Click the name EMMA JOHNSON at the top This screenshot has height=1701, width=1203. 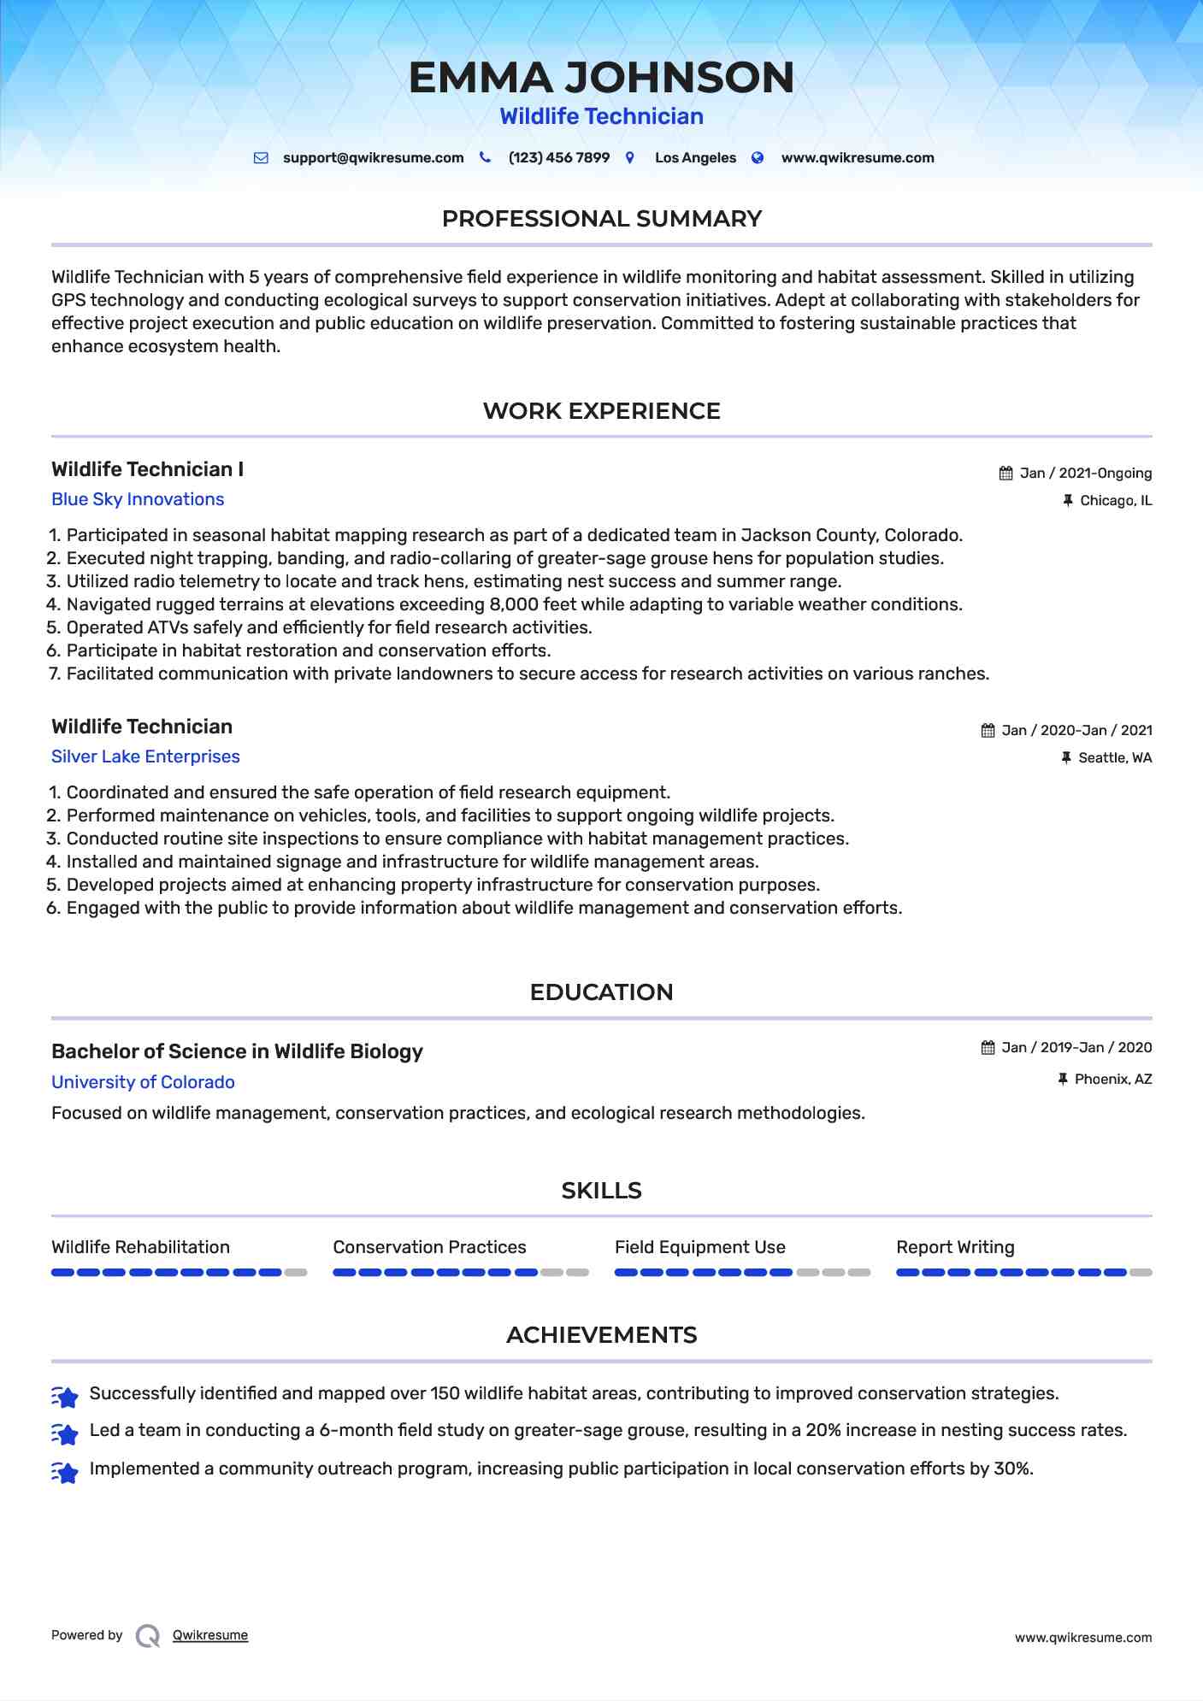[601, 78]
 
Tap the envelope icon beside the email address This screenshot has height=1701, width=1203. [261, 158]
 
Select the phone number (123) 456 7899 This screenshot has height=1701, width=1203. [558, 158]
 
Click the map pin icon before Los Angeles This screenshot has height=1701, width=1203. [630, 158]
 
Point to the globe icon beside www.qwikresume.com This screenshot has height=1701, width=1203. [758, 158]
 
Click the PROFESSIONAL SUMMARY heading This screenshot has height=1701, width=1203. [601, 219]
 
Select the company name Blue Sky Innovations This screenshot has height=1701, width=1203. [138, 499]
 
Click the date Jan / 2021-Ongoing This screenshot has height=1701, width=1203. [1085, 474]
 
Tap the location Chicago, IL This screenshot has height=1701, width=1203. [1115, 501]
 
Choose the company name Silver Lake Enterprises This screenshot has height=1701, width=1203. [145, 756]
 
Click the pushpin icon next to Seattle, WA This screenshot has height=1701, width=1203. [1066, 758]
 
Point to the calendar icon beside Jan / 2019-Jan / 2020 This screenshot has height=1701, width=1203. [988, 1048]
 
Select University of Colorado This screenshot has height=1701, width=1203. [143, 1082]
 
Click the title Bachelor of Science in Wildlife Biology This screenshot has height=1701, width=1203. [237, 1051]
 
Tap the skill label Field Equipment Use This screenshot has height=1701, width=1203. [699, 1247]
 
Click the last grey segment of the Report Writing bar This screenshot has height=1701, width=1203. [1141, 1273]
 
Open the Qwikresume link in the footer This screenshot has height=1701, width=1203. [209, 1635]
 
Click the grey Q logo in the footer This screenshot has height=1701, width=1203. [148, 1636]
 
